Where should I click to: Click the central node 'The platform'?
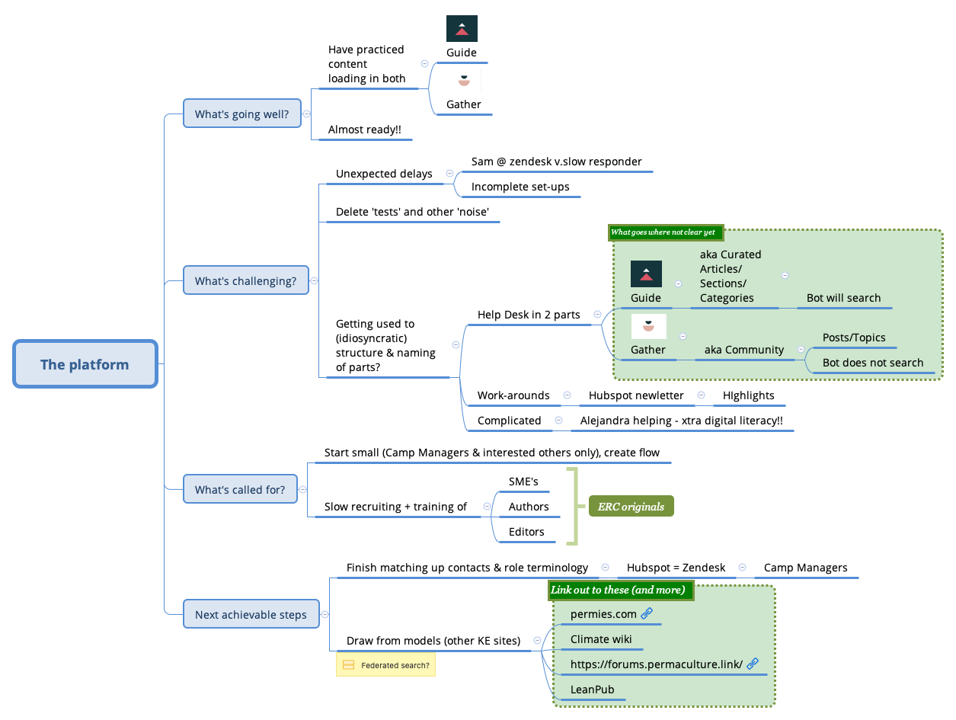click(85, 364)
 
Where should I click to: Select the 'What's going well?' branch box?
click(241, 114)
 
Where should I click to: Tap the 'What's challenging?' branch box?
click(245, 280)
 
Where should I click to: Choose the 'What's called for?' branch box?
click(240, 489)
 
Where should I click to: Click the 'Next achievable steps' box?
click(251, 614)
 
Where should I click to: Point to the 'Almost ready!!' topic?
click(364, 130)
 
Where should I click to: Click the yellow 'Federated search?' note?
click(385, 665)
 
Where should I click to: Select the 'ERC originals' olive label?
click(631, 507)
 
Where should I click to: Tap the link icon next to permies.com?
click(647, 613)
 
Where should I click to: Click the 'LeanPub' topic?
click(592, 690)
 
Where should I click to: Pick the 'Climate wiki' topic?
click(600, 639)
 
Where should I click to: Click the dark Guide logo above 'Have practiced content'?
click(462, 28)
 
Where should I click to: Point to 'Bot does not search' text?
click(872, 363)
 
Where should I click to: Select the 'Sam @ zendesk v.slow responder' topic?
click(556, 162)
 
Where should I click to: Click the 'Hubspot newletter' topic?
click(635, 395)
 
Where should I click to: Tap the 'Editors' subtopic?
click(526, 532)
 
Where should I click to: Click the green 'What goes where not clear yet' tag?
click(665, 232)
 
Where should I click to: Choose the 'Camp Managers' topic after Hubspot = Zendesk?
click(805, 568)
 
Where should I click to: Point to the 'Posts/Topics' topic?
click(853, 338)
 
